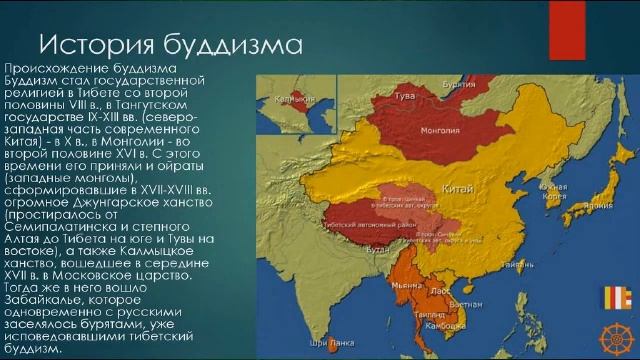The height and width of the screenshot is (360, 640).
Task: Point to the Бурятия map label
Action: click(458, 85)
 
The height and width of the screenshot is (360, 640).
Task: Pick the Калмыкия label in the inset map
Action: click(287, 99)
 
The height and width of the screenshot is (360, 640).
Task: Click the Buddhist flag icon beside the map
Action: click(618, 299)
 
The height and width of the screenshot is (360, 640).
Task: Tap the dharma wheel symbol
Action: click(616, 334)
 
